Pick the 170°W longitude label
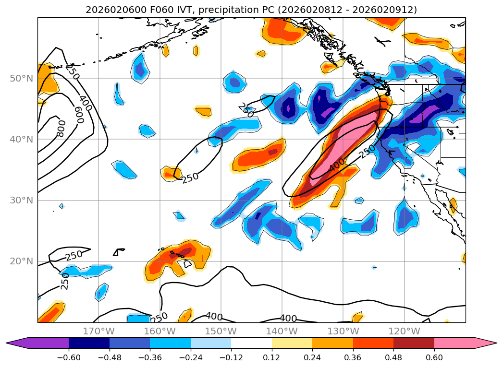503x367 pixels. click(98, 331)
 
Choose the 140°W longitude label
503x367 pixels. click(282, 331)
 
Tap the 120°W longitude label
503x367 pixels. click(404, 331)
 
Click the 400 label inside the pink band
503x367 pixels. click(337, 165)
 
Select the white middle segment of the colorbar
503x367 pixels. click(251, 343)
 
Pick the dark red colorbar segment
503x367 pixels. click(414, 343)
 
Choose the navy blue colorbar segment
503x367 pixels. click(89, 343)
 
